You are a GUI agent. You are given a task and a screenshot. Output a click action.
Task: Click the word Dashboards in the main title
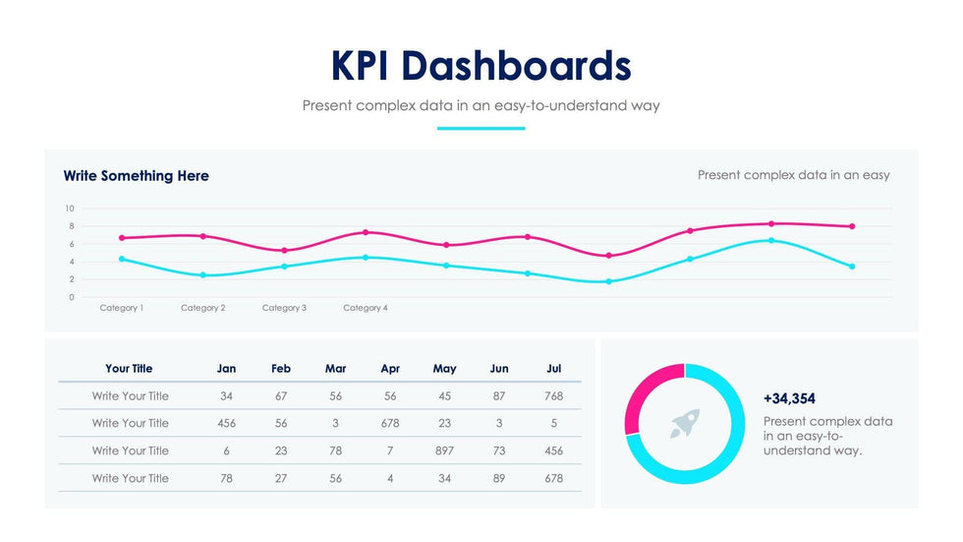click(517, 66)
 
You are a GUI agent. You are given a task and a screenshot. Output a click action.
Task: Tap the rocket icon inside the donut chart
click(685, 424)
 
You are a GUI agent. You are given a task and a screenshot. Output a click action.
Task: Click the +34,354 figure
click(789, 398)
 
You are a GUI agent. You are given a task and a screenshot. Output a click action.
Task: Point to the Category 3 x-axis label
click(284, 308)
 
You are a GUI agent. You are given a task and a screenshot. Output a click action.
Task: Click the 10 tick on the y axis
click(70, 209)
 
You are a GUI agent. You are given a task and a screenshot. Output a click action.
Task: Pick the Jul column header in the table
click(554, 369)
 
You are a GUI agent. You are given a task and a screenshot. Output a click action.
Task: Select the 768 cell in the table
click(554, 396)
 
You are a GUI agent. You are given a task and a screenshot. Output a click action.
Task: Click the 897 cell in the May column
click(444, 451)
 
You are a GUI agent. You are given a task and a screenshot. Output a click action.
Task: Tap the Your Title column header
click(130, 369)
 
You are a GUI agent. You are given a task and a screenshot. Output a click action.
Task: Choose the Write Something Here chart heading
click(137, 176)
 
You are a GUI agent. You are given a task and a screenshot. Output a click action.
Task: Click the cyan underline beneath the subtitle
click(481, 128)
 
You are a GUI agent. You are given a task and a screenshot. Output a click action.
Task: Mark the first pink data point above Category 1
click(122, 238)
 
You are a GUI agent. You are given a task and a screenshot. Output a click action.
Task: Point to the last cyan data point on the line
click(852, 267)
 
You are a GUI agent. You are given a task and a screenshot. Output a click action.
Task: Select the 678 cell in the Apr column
click(390, 423)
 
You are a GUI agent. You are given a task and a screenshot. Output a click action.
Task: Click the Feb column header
click(281, 369)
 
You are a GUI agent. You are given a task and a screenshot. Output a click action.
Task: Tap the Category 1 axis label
click(122, 308)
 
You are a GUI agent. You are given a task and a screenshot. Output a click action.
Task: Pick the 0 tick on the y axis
click(72, 297)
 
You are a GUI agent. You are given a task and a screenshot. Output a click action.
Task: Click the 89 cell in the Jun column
click(499, 478)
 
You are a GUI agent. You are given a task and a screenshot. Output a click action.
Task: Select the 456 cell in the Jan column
click(226, 423)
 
